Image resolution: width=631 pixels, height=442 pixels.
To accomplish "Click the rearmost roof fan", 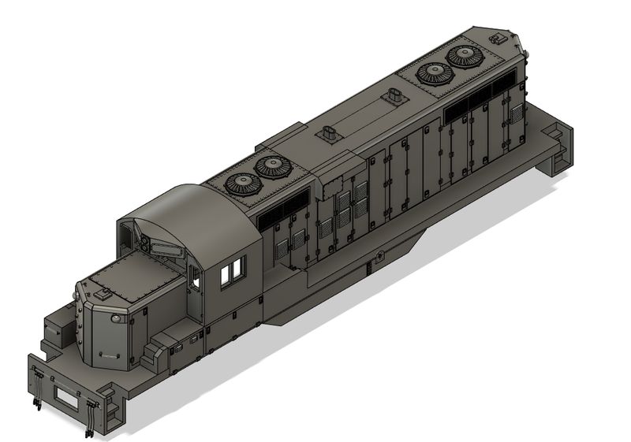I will (x=465, y=56).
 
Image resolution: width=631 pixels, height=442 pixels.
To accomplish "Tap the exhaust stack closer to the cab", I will (x=328, y=133).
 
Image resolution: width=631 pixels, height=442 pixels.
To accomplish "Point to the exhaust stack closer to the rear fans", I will (x=394, y=98).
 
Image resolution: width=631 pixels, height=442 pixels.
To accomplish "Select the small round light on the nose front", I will (x=115, y=319).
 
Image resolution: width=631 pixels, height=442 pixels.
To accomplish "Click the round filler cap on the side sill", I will (x=380, y=255).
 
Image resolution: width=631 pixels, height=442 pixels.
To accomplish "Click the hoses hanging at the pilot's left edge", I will (x=35, y=391).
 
